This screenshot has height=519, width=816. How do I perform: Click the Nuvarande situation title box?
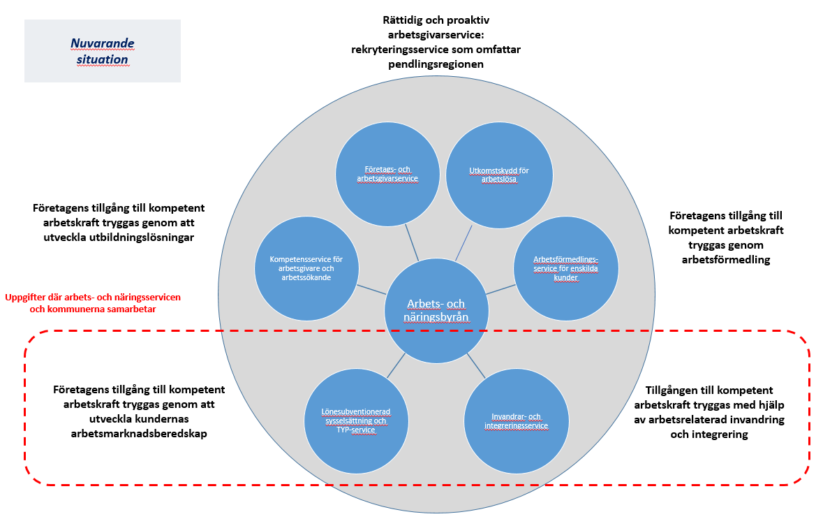[102, 51]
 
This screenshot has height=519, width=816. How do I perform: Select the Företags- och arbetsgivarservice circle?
[387, 173]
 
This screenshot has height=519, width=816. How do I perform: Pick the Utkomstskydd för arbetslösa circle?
[498, 173]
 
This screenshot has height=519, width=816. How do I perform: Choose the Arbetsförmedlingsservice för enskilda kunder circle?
[566, 268]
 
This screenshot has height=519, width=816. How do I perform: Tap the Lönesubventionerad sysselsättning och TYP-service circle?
[356, 421]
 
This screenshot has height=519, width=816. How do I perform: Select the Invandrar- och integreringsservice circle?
[517, 421]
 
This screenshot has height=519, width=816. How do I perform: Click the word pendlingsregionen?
[436, 64]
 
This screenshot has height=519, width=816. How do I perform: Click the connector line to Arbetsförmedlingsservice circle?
[500, 288]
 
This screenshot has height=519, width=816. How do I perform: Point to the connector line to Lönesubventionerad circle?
[396, 364]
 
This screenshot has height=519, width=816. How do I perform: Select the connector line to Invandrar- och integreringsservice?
[477, 364]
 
